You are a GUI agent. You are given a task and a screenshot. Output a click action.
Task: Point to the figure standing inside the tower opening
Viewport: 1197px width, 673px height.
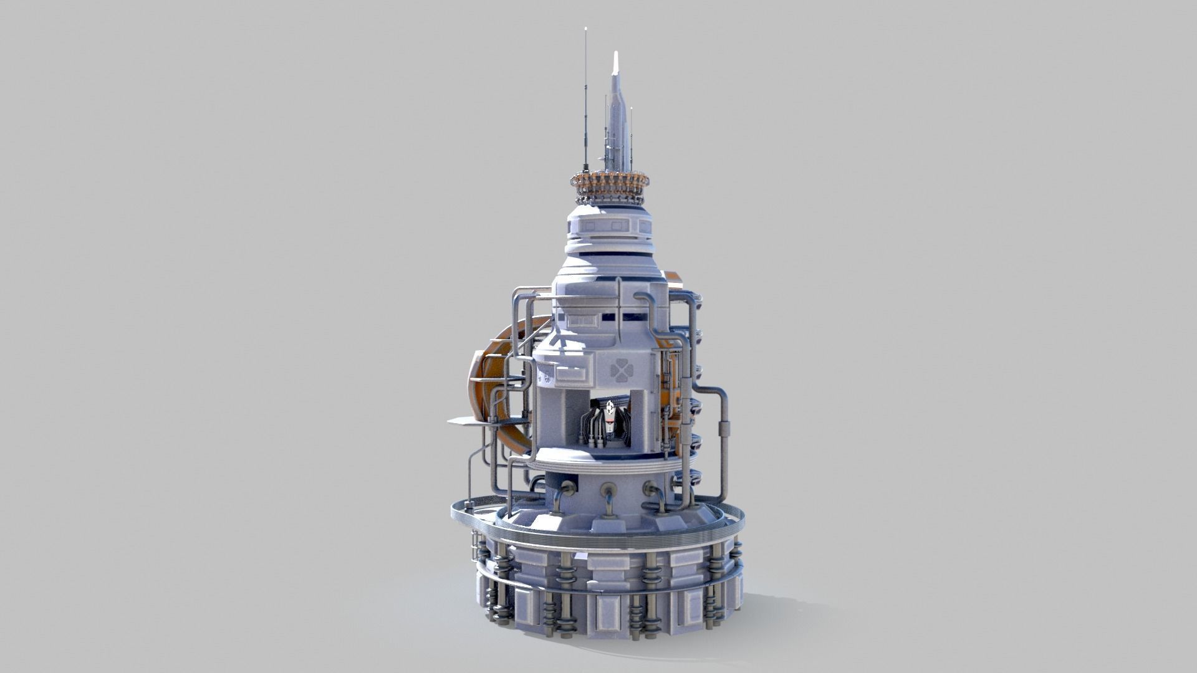(x=608, y=419)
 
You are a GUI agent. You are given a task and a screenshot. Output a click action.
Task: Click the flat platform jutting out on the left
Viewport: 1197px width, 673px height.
(x=468, y=421)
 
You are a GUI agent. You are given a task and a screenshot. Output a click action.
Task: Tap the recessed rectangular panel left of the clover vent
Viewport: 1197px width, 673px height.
(x=572, y=372)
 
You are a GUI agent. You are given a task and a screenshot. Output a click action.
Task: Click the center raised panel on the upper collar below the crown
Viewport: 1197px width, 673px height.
(x=609, y=226)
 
